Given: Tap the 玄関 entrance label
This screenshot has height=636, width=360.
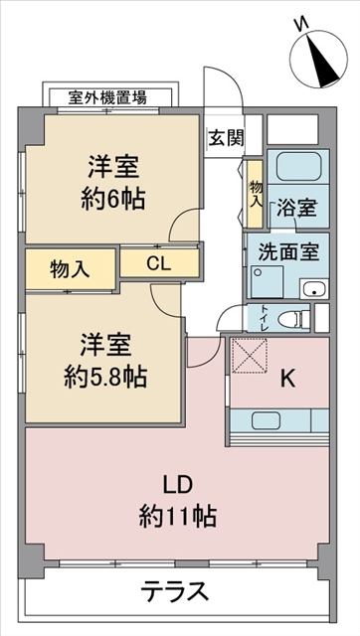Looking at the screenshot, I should [224, 137].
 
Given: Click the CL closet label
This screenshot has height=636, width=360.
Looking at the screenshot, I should [159, 263].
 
